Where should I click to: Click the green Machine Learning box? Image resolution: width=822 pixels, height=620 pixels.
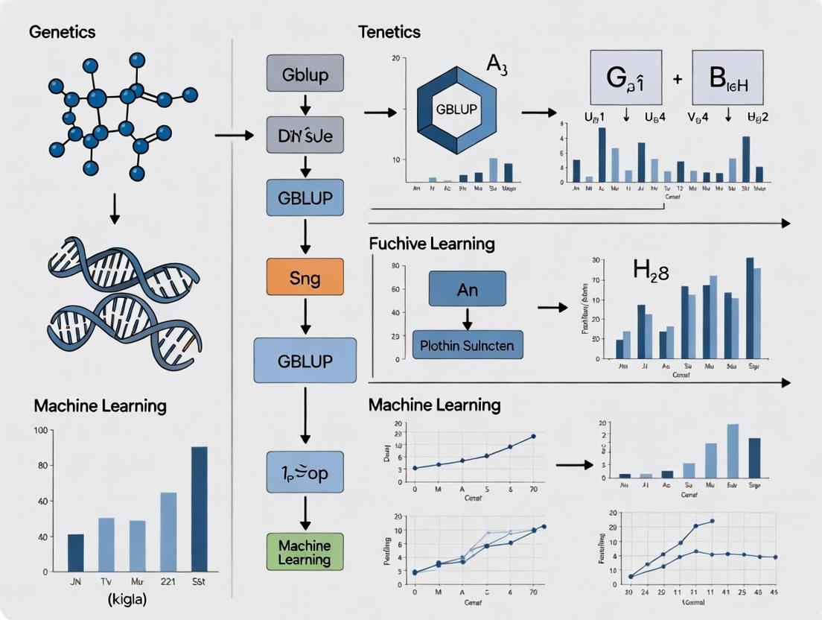coord(304,552)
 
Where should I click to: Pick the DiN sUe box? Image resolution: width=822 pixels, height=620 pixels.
coord(305,135)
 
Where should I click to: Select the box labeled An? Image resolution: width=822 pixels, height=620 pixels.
coord(468,289)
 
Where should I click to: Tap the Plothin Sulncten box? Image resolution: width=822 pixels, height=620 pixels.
coord(468,346)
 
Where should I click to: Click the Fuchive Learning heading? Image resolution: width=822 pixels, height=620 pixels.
coord(432,244)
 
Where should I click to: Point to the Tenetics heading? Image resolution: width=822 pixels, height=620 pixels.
coord(389,32)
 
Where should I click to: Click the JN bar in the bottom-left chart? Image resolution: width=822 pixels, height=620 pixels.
coord(76,552)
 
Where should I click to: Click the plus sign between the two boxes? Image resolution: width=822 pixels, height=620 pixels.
coord(677,77)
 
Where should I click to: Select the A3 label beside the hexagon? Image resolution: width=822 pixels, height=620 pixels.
coord(497,64)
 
